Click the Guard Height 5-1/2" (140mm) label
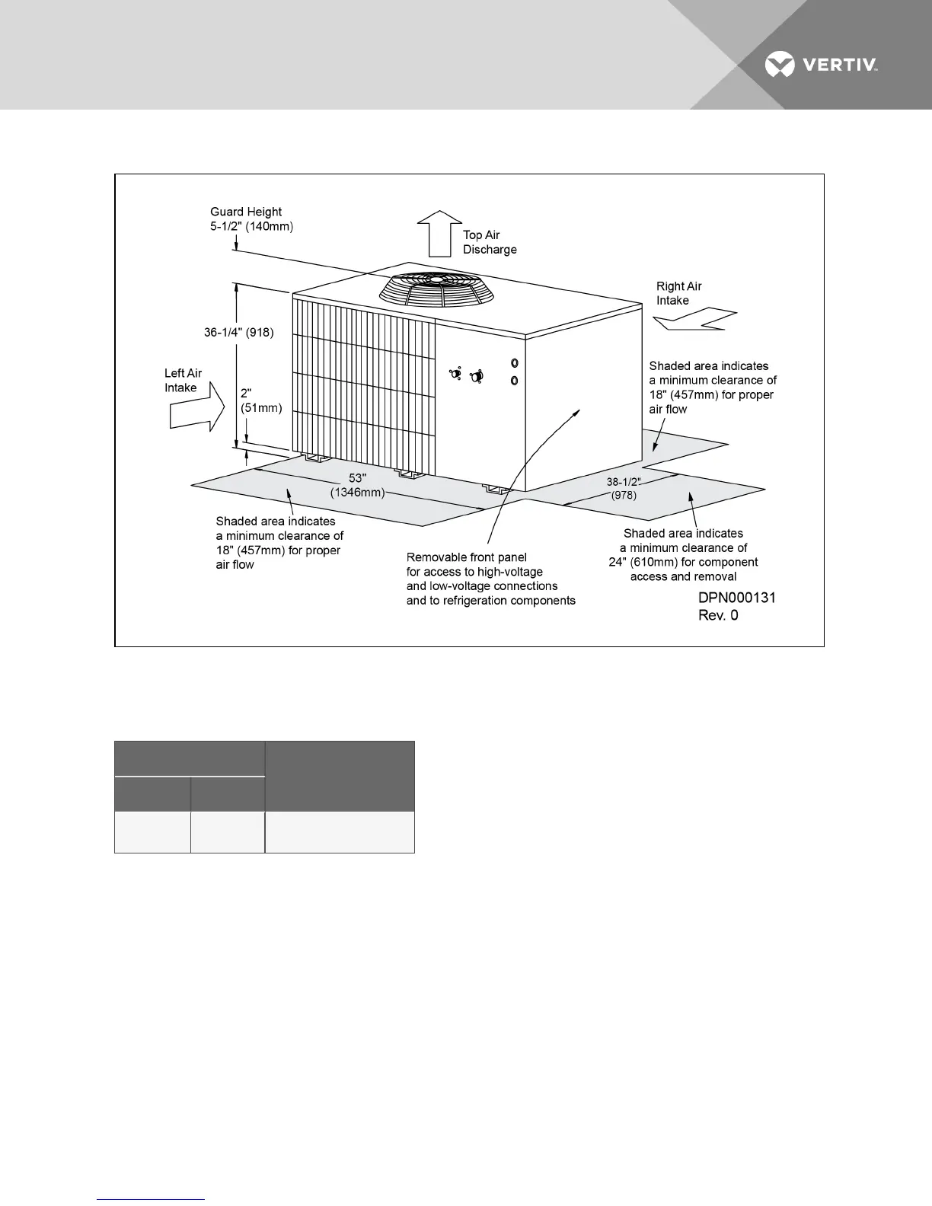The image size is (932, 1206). point(251,219)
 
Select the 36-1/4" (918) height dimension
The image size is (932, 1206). point(238,333)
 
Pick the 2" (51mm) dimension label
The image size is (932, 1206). point(260,400)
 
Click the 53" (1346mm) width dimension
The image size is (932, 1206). point(358,485)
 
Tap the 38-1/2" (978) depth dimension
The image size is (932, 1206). point(624,488)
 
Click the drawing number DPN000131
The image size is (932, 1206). point(736,598)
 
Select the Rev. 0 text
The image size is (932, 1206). point(718,615)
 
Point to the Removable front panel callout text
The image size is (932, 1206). point(490,579)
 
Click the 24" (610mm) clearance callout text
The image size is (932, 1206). point(683,555)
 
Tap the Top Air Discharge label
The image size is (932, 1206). point(490,242)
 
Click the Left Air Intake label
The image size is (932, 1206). point(183,380)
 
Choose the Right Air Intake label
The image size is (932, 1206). point(678,293)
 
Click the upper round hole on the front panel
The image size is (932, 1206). point(515,362)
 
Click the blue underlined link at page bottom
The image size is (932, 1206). point(152,1199)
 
